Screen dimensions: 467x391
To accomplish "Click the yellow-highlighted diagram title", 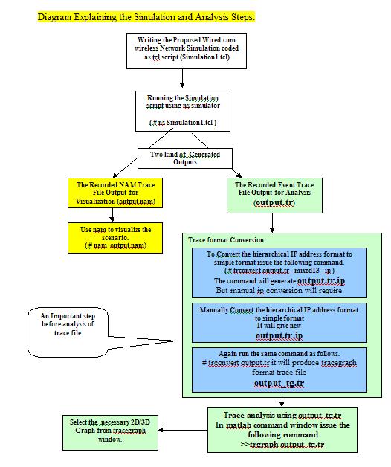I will (x=146, y=16).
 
